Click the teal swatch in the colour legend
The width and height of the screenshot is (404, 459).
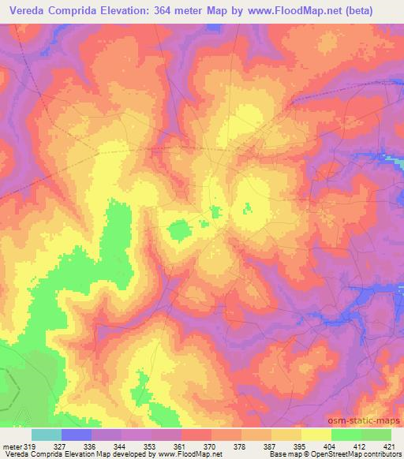coord(47,435)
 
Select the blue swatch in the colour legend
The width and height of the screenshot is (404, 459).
coord(77,435)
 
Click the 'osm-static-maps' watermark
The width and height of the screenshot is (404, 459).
coord(368,421)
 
